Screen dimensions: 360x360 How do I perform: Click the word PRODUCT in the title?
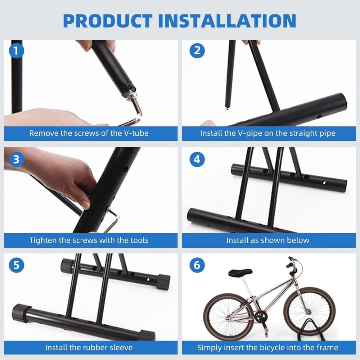(107, 21)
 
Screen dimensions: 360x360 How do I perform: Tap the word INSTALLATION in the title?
(227, 21)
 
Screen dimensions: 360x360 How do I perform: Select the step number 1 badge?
(16, 51)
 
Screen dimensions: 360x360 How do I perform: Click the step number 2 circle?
(197, 51)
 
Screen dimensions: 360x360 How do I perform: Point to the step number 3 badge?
(16, 159)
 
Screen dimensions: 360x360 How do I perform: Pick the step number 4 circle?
(197, 159)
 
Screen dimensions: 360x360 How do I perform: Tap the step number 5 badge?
(16, 265)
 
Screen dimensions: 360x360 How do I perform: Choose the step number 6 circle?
(197, 265)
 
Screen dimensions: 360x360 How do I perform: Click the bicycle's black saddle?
(240, 272)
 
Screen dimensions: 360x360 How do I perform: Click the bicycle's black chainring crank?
(261, 317)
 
